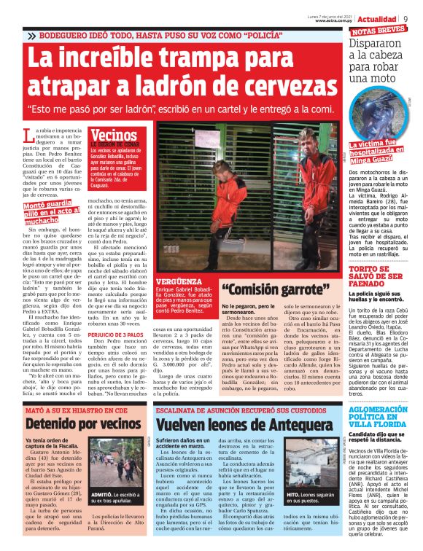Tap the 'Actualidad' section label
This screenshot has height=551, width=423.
coord(379,17)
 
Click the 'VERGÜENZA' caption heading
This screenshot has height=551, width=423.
coord(174,281)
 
